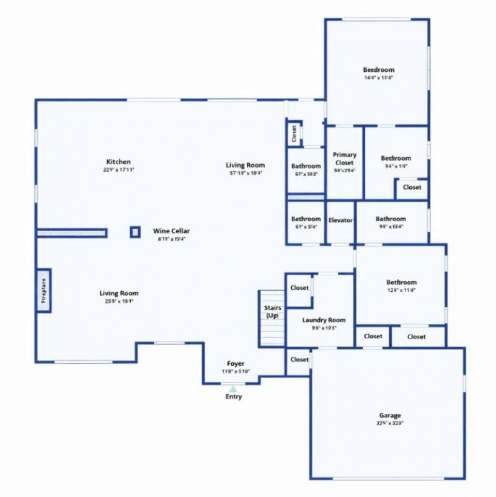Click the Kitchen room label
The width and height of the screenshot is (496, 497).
(x=118, y=162)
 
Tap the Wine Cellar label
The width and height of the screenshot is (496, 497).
(x=171, y=231)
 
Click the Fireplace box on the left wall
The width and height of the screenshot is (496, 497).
(x=43, y=291)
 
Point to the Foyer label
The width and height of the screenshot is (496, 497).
(x=235, y=363)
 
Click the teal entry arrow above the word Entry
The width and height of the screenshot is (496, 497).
(x=233, y=388)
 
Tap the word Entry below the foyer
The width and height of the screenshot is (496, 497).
(x=233, y=397)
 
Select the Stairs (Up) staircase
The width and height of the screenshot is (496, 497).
(x=272, y=319)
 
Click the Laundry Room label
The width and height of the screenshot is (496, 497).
(x=324, y=320)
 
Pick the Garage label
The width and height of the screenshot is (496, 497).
(x=390, y=415)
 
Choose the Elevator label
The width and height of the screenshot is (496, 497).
(x=340, y=219)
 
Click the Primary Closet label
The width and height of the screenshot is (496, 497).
(x=345, y=159)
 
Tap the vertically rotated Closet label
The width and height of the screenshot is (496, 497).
(x=294, y=133)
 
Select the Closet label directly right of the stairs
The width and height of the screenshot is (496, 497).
(x=299, y=288)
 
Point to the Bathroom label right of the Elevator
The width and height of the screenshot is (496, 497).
(x=391, y=219)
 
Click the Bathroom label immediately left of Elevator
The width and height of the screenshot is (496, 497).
(x=306, y=219)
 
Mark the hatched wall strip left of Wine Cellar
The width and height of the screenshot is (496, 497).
(x=71, y=233)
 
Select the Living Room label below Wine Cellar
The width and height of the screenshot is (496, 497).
(x=119, y=293)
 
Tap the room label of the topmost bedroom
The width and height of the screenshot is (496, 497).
(x=378, y=70)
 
